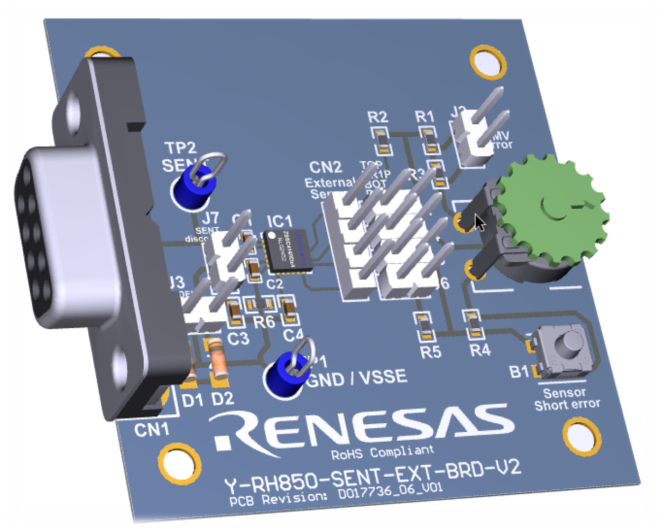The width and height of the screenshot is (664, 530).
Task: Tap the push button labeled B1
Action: pyautogui.click(x=564, y=348)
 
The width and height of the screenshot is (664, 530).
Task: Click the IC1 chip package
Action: pyautogui.click(x=288, y=252)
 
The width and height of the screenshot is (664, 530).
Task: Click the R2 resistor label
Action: pyautogui.click(x=377, y=117)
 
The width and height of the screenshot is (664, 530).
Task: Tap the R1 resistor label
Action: pyautogui.click(x=425, y=117)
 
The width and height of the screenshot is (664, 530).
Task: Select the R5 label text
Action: pyautogui.click(x=430, y=351)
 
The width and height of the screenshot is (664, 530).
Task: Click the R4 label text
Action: pyautogui.click(x=479, y=350)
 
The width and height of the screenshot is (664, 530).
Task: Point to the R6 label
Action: pyautogui.click(x=264, y=322)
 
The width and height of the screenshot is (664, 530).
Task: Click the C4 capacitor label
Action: pyautogui.click(x=293, y=335)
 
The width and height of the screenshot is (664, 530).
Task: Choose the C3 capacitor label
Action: pyautogui.click(x=238, y=338)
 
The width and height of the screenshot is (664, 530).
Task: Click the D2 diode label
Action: pyautogui.click(x=223, y=399)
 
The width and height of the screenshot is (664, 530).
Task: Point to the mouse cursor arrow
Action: pyautogui.click(x=479, y=222)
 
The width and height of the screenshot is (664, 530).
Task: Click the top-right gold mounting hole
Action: pyautogui.click(x=487, y=61)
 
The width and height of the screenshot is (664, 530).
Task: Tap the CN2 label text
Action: pyautogui.click(x=326, y=168)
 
